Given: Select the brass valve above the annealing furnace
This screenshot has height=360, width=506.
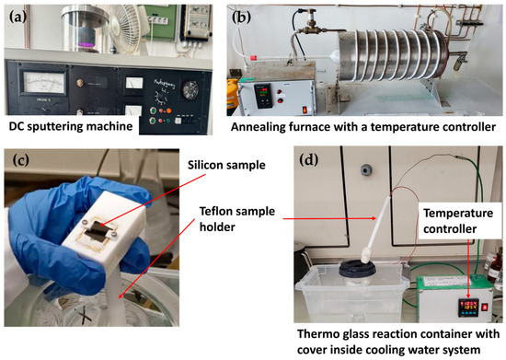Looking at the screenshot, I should coord(315,12).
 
